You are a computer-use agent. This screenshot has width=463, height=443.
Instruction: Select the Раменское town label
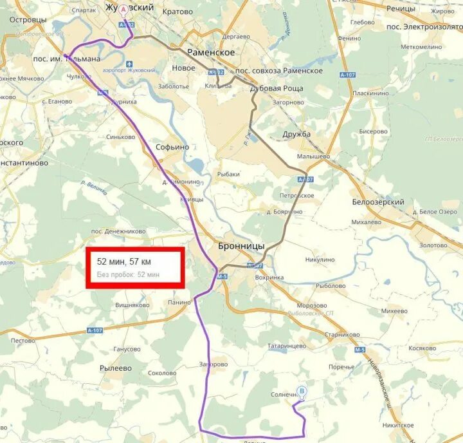pyautogui.click(x=211, y=53)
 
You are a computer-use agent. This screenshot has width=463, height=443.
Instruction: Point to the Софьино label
pyautogui.click(x=173, y=147)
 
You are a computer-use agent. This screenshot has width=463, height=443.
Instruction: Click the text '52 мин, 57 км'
pyautogui.click(x=124, y=262)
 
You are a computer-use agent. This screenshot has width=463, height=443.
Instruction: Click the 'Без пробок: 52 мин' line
pyautogui.click(x=128, y=275)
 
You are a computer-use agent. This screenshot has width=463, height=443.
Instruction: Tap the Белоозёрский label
pyautogui.click(x=377, y=202)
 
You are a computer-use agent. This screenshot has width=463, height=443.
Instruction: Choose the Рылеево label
pyautogui.click(x=116, y=368)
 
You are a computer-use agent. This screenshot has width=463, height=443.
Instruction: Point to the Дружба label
pyautogui.click(x=296, y=134)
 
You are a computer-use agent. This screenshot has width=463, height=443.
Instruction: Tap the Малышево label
pyautogui.click(x=313, y=156)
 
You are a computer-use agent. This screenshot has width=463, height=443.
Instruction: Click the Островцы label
pyautogui.click(x=26, y=20)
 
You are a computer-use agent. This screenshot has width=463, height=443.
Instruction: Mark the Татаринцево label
pyautogui.click(x=287, y=346)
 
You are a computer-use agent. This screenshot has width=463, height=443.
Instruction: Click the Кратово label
pyautogui.click(x=177, y=12)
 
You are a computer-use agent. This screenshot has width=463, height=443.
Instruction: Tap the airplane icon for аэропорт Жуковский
pyautogui.click(x=131, y=64)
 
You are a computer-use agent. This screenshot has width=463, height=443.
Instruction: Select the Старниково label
pyautogui.click(x=341, y=335)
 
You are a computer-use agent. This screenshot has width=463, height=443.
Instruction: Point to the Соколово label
pyautogui.click(x=161, y=373)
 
